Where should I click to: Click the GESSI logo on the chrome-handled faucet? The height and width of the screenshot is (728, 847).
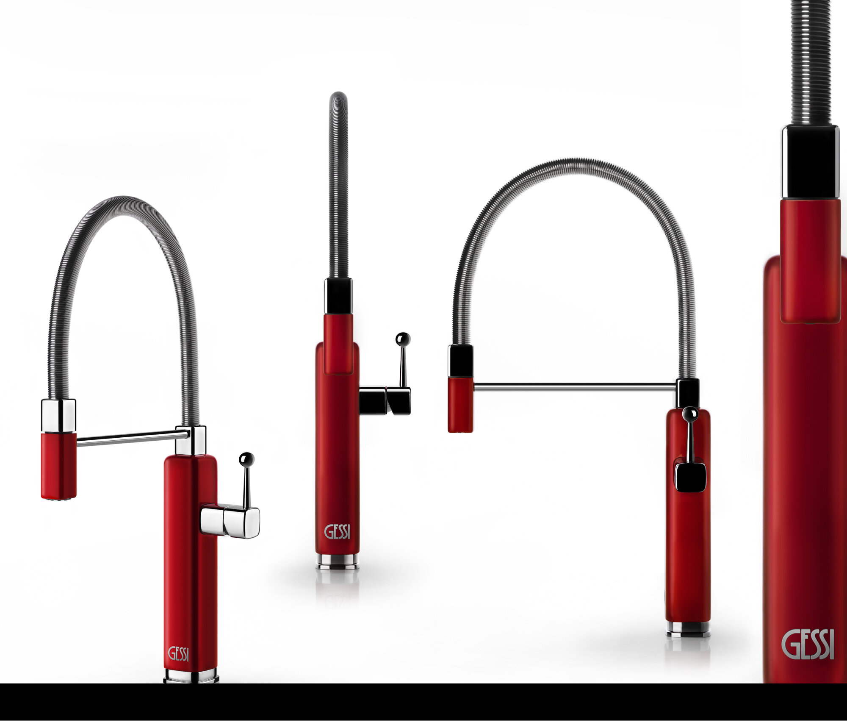click(178, 653)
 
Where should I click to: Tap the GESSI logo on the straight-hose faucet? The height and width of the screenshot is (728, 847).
click(337, 532)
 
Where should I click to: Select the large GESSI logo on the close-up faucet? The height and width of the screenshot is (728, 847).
click(808, 645)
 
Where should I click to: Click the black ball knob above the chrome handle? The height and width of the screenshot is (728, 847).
click(246, 458)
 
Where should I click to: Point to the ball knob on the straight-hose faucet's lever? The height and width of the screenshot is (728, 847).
click(403, 339)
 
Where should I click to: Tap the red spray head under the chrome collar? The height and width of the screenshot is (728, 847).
click(59, 466)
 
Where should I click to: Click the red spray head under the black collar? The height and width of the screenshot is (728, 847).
click(460, 405)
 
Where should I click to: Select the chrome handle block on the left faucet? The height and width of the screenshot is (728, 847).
click(230, 521)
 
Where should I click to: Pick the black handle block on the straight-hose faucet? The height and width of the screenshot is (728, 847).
click(385, 400)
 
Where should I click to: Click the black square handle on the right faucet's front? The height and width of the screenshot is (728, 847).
click(690, 477)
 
